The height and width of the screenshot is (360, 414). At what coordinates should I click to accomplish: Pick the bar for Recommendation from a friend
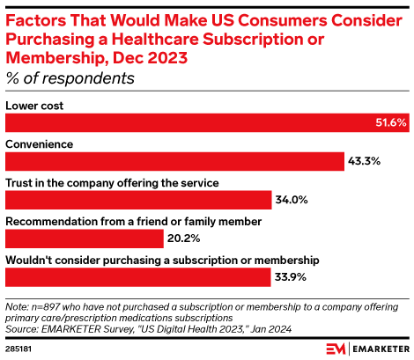tap(85, 239)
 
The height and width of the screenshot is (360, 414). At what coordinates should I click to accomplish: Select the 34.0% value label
tap(290, 200)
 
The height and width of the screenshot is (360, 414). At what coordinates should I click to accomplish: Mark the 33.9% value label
tap(290, 277)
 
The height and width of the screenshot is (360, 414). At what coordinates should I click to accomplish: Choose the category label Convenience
tap(40, 144)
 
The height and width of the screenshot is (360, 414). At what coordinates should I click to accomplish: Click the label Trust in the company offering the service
tap(112, 183)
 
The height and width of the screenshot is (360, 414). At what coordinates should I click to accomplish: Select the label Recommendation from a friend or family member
tap(133, 222)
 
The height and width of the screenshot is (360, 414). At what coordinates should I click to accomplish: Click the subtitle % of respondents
tap(70, 77)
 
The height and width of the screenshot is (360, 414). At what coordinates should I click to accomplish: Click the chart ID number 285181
tap(20, 348)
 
